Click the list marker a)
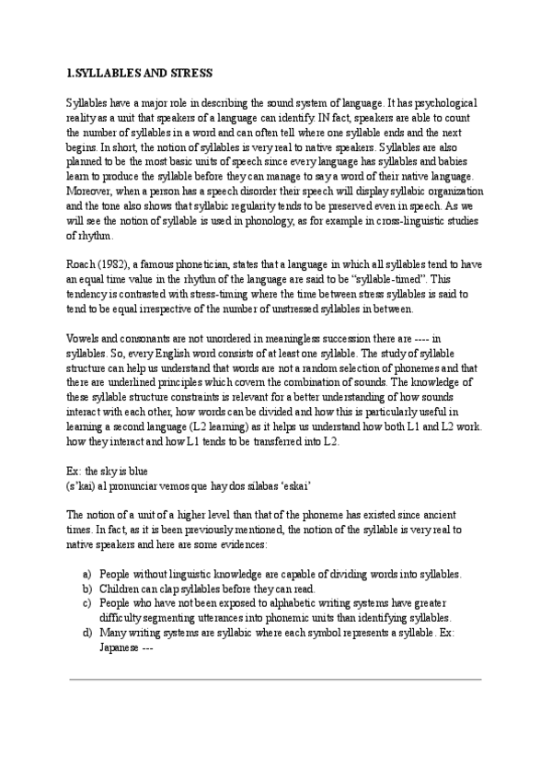[x=86, y=573]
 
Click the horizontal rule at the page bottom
[x=276, y=680]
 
